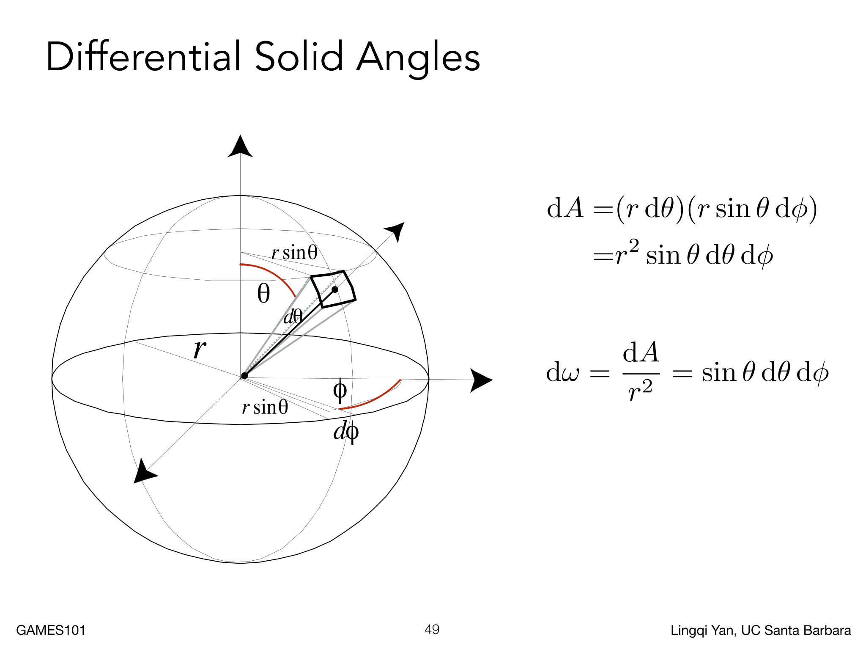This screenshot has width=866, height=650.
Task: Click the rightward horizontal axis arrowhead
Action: coord(481,380)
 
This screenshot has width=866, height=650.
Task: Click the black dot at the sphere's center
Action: coord(244,376)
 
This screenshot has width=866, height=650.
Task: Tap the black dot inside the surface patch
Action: coord(335,289)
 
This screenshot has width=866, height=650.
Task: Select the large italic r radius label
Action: coord(200,349)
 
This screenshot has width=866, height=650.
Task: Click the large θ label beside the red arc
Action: coord(263,293)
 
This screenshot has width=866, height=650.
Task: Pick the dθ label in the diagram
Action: coord(293,317)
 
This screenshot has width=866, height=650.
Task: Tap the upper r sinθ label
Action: coord(294,253)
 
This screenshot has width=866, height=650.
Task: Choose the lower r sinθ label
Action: coord(265,407)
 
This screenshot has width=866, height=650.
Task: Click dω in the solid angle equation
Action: coord(562,373)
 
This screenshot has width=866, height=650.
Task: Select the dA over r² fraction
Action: coord(641,371)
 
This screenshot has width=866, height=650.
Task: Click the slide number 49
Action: coord(432,630)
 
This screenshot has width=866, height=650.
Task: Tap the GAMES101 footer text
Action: coord(51,630)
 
